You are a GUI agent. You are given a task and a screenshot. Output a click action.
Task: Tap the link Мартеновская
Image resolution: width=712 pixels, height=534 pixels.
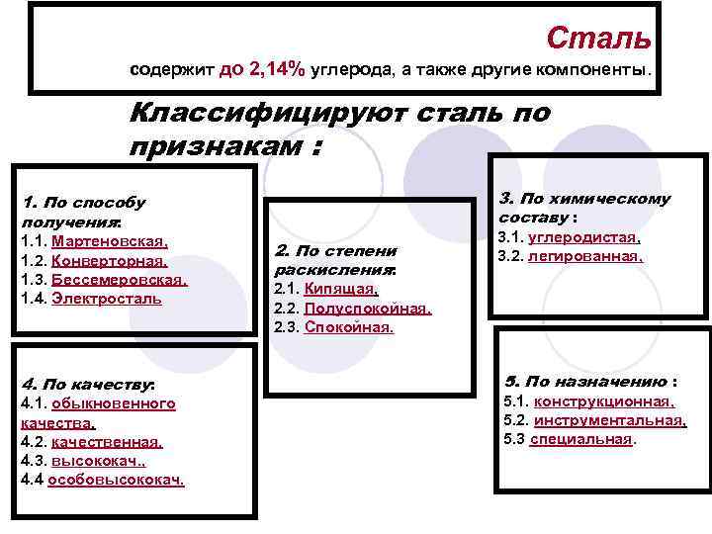110,241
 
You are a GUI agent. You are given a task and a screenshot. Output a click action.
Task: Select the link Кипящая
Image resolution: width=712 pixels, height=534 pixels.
340,289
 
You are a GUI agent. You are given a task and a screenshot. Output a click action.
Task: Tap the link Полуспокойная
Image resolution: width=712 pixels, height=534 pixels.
368,308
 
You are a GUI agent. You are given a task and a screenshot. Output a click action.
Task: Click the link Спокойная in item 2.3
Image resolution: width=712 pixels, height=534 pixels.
349,326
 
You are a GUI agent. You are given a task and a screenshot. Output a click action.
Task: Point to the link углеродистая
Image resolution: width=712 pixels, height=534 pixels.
583,237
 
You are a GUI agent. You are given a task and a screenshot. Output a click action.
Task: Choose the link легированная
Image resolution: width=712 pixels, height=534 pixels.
585,256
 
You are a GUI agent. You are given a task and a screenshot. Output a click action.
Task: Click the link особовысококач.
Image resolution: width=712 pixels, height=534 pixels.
116,480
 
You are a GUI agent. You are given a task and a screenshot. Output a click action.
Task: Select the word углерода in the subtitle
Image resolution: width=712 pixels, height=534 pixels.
343,71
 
